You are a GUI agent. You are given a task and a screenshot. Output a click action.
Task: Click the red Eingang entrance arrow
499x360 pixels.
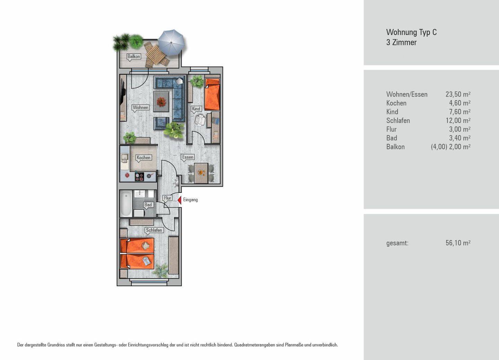point(180,200)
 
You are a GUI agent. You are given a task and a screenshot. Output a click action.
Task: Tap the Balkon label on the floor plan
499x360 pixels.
point(134,57)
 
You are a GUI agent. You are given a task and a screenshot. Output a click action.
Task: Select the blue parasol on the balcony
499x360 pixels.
point(171,43)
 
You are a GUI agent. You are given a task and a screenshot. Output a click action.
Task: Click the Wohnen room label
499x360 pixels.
point(140,108)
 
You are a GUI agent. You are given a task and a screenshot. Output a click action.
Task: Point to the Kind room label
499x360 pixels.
point(196,109)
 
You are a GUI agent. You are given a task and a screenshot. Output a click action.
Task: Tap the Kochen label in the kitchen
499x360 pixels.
point(143,157)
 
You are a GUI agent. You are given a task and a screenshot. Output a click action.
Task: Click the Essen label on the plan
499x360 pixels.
point(187,157)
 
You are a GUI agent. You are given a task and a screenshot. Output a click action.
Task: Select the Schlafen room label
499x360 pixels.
point(154,230)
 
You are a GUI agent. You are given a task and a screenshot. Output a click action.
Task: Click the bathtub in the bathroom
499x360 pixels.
point(126,204)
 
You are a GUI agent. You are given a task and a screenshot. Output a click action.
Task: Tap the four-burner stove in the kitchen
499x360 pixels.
point(139,177)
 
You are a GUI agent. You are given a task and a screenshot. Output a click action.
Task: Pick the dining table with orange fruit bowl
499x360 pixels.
point(201,173)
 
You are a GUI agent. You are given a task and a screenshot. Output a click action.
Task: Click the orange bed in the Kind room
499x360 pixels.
point(212,94)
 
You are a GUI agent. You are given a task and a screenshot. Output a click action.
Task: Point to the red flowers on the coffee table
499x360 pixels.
point(161,102)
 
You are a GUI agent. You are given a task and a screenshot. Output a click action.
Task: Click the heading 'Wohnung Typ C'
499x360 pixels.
point(411,32)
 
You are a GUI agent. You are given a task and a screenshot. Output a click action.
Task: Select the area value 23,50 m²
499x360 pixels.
point(458,94)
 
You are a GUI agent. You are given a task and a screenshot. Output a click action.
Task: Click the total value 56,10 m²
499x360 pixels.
point(458,243)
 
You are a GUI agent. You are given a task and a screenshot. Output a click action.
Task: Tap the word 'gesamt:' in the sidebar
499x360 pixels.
point(397,243)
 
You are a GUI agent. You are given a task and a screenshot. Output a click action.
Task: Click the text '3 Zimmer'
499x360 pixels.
point(401,42)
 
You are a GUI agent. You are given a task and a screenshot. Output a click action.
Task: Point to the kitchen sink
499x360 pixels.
point(124,157)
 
